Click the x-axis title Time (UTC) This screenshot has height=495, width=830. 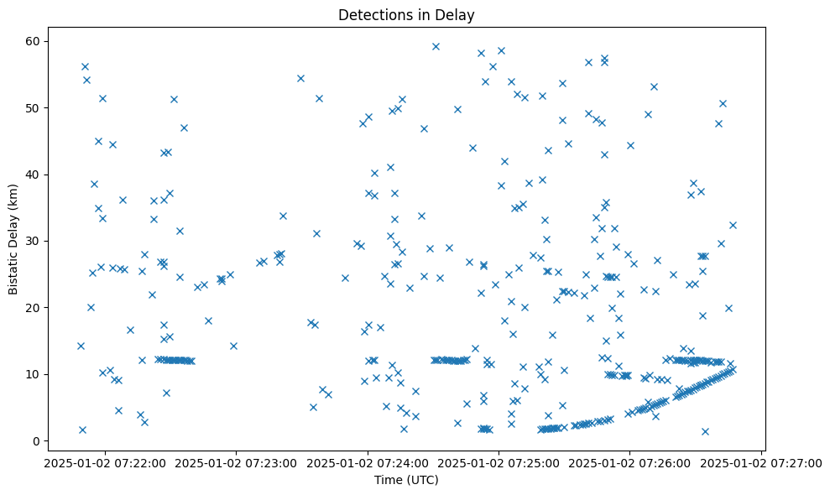pos(406,480)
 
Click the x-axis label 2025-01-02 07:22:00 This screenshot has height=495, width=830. pos(105,462)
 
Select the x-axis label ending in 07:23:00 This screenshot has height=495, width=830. pos(237,462)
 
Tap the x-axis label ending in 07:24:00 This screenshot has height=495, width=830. pos(368,462)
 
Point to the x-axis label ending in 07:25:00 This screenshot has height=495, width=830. pos(499,462)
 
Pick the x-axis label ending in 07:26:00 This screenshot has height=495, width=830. pos(630,462)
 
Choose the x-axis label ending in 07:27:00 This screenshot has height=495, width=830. pos(762,462)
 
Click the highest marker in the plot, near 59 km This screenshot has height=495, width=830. pos(436,46)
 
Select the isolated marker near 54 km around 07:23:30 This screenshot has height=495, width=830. pos(300,78)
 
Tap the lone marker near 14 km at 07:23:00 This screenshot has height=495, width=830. pos(233,345)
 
